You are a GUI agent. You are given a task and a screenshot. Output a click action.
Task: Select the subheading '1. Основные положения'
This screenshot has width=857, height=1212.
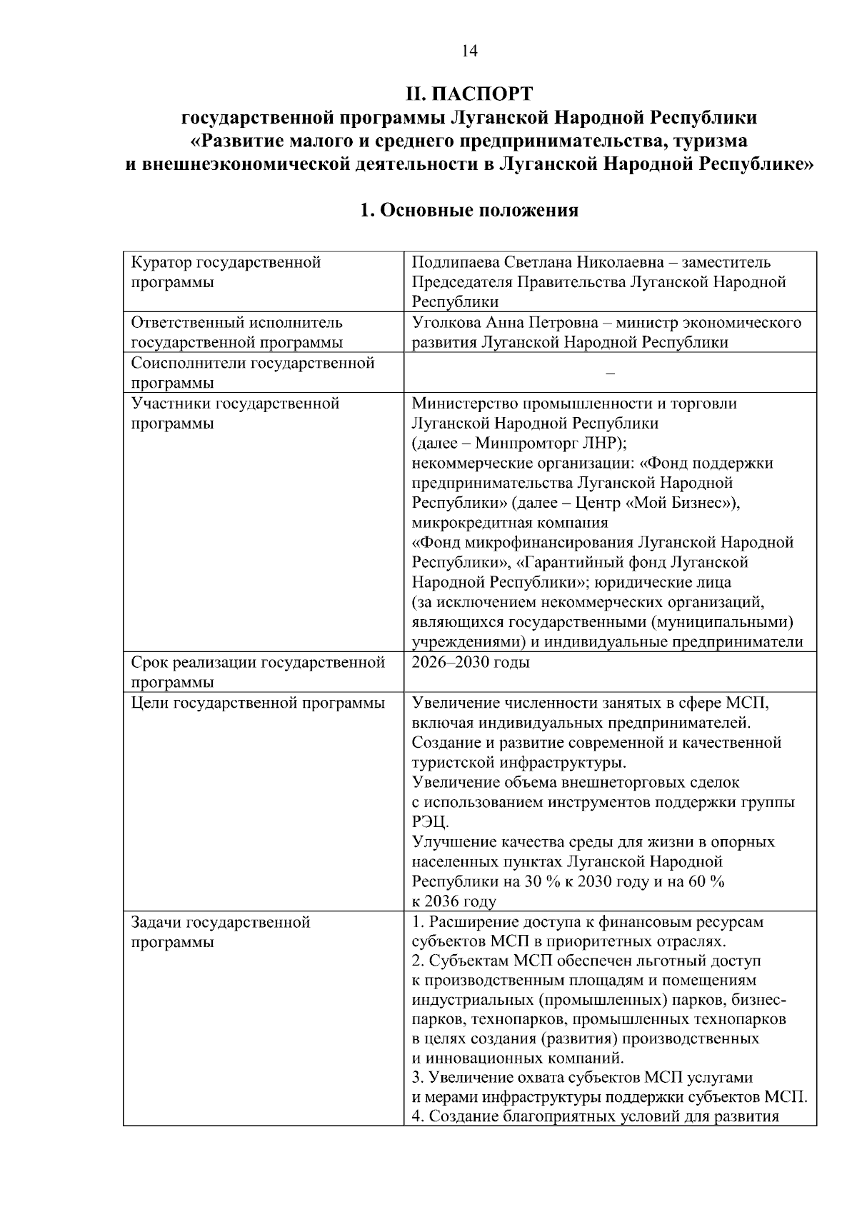468,211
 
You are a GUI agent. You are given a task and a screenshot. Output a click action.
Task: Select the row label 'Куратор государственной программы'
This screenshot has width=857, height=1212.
226,272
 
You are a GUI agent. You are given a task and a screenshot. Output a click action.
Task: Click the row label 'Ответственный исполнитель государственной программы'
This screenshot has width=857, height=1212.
236,332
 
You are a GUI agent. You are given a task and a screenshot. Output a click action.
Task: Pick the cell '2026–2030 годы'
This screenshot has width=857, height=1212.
471,662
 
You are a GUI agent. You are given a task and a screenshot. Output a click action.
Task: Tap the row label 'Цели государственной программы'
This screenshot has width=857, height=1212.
258,703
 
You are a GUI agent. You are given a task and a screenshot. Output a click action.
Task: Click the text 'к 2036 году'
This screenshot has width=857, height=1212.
453,901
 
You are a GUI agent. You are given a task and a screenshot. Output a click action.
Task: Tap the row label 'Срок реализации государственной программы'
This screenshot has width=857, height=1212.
258,671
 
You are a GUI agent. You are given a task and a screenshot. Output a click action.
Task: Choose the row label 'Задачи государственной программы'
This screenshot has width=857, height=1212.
221,931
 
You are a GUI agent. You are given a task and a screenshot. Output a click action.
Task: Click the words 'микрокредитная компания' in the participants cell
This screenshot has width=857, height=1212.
505,523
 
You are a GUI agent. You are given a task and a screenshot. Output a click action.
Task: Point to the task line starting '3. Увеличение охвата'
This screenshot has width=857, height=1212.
582,1077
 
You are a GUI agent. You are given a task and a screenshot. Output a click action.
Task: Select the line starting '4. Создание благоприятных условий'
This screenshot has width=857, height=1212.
595,1116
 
